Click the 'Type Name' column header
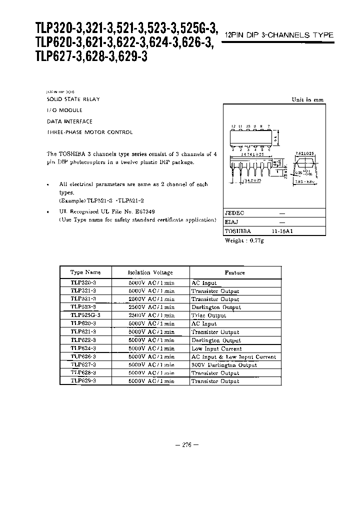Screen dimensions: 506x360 tap(85, 272)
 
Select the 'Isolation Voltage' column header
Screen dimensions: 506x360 tap(150, 272)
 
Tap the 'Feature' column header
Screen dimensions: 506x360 tap(234, 272)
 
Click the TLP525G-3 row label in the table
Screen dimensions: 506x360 tap(85, 315)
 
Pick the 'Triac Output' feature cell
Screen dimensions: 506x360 tap(209, 315)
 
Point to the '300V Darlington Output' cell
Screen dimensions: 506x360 tap(224, 365)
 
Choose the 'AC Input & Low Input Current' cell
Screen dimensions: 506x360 tap(233, 357)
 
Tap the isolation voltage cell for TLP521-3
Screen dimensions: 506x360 tap(151, 299)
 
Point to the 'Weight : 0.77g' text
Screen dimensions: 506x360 tap(243, 240)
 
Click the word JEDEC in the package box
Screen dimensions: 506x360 tap(235, 212)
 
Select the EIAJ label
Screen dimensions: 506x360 tap(231, 222)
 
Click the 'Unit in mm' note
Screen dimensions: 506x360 tap(307, 100)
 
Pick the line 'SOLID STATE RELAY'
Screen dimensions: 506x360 tap(73, 99)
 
